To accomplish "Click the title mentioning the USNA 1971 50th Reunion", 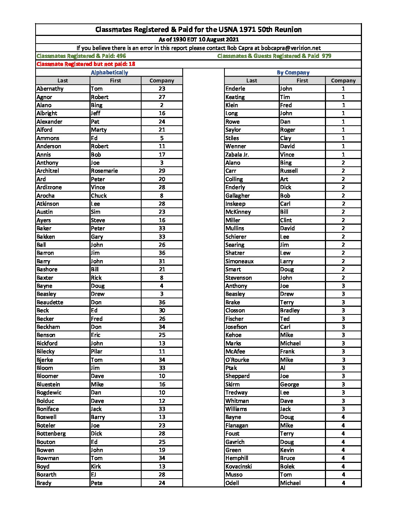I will pos(198,30).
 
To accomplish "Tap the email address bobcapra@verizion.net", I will pos(291,48).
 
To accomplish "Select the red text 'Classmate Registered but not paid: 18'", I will pos(86,64).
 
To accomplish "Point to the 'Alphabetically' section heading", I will pos(109,73).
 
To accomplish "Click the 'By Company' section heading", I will pos(293,73).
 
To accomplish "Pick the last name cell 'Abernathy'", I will pos(50,89).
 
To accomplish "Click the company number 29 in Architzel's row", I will pos(162,171).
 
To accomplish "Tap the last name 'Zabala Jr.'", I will pos(237,155).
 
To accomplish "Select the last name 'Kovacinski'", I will pos(239,467).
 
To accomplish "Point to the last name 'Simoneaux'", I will pos(239,261).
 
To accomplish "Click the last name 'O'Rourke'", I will pos(237,360).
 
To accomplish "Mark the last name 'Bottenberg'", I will pos(51,434).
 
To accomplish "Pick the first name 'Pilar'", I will pos(97,351).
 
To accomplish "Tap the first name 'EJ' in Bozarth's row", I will pos(94,475).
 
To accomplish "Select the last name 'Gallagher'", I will pos(238,196).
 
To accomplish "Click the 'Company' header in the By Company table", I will pos(343,81).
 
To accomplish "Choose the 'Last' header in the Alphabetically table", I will pos(63,81).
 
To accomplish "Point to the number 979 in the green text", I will pos(326,56).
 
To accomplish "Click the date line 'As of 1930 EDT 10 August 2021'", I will pos(198,40).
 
